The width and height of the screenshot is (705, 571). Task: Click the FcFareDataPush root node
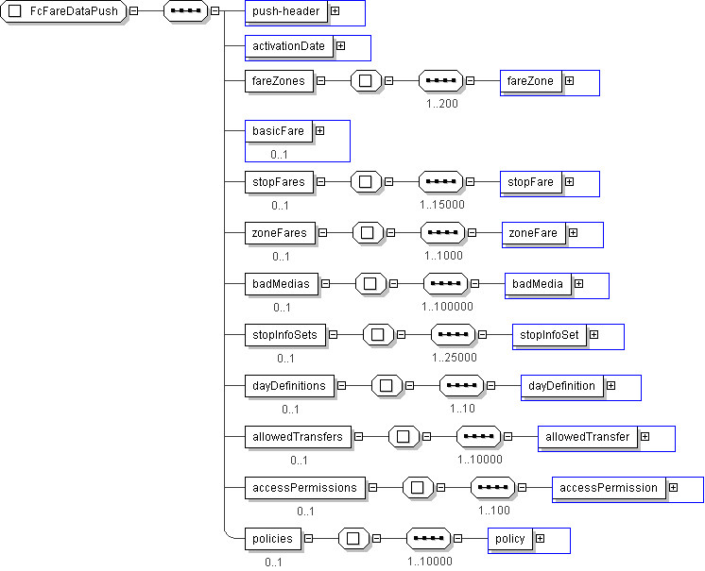click(64, 11)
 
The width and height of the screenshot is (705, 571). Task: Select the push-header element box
click(284, 11)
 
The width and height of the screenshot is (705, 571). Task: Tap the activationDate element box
click(288, 45)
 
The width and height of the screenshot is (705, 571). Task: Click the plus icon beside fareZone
click(569, 81)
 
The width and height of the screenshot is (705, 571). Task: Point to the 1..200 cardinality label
click(441, 103)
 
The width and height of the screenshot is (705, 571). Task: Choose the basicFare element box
click(278, 131)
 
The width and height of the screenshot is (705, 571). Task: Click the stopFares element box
click(279, 181)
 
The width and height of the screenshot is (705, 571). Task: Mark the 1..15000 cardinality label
click(442, 204)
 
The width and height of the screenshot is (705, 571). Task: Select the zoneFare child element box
click(533, 232)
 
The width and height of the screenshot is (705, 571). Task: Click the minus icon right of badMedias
click(326, 282)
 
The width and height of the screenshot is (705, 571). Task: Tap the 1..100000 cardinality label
click(447, 306)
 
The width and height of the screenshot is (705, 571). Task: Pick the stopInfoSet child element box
click(549, 334)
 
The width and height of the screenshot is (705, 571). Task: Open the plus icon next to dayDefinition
click(610, 385)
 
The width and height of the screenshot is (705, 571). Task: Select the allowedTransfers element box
click(297, 436)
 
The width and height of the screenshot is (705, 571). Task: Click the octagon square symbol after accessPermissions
click(417, 487)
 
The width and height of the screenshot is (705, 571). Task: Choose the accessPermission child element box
click(608, 487)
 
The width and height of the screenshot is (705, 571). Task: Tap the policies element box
click(273, 538)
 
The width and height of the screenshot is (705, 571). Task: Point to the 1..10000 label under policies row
click(430, 561)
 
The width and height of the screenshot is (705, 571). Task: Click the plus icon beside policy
click(540, 538)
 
